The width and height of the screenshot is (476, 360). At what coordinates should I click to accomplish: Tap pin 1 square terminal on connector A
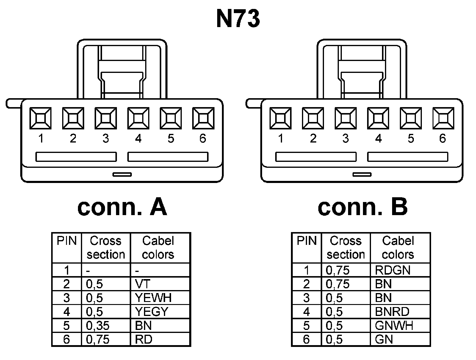[x=40, y=118]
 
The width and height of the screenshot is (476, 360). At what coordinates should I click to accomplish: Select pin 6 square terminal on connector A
[x=203, y=118]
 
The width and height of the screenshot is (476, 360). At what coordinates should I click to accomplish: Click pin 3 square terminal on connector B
[x=345, y=118]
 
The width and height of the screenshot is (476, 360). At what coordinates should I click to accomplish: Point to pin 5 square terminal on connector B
[x=411, y=118]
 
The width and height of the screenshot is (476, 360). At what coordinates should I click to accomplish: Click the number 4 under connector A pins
[x=138, y=139]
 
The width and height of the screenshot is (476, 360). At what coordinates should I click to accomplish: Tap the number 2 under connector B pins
[x=313, y=139]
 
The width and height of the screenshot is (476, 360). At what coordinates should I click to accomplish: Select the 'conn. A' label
[x=122, y=207]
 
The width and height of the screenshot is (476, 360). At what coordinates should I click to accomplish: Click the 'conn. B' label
[x=362, y=207]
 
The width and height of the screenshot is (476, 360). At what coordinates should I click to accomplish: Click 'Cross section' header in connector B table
[x=346, y=248]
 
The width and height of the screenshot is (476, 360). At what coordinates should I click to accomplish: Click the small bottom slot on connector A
[x=122, y=174]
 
